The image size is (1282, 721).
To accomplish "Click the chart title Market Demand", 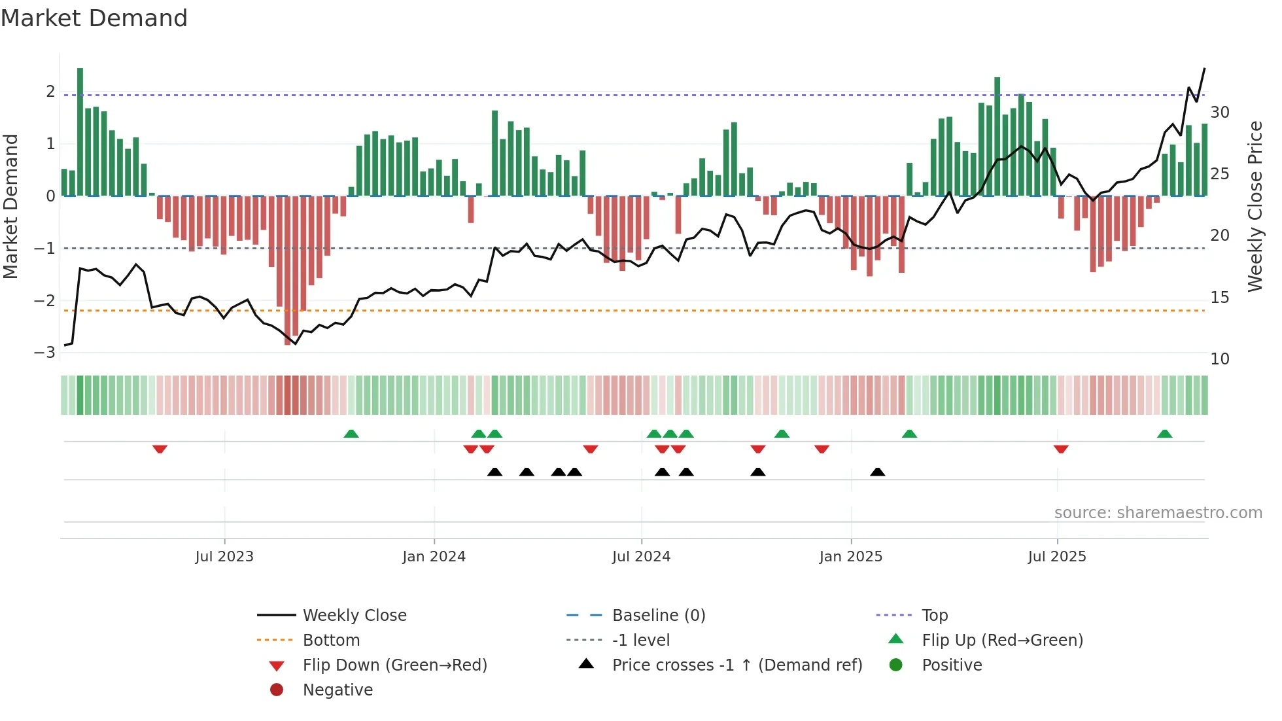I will point(94,18).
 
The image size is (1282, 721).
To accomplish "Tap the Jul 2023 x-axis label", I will point(224,557).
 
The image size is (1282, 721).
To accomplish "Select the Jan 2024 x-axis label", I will point(434,557).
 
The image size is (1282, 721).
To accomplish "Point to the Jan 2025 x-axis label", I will point(850,557).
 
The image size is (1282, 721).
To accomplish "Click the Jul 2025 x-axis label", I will point(1056,557).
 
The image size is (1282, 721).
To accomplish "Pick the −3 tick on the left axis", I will point(45,353).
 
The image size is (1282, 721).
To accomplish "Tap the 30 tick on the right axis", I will point(1219,113).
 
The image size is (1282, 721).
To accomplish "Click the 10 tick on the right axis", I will point(1219,359).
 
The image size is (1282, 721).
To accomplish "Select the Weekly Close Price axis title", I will point(1255,206).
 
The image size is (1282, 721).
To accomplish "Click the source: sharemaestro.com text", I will point(1158,513).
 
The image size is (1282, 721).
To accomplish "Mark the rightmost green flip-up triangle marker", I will point(1164,434).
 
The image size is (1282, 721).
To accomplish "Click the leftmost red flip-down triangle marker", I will point(160,449).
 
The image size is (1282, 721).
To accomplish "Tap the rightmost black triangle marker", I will point(878,472).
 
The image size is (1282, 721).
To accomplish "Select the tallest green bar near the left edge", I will point(80,131).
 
